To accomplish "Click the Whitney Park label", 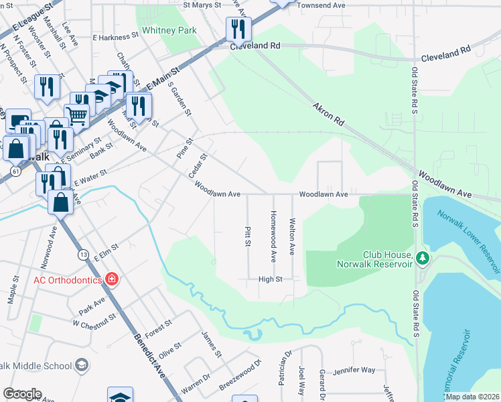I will click(169, 31).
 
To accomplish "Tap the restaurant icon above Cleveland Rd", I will click(238, 28).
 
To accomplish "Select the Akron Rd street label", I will click(328, 115).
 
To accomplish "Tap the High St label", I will click(271, 278).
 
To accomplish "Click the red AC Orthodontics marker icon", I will click(112, 279).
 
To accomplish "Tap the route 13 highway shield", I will click(83, 255).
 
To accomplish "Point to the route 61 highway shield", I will click(14, 172).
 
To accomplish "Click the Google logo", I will click(23, 393).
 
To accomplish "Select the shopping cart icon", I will click(78, 115).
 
